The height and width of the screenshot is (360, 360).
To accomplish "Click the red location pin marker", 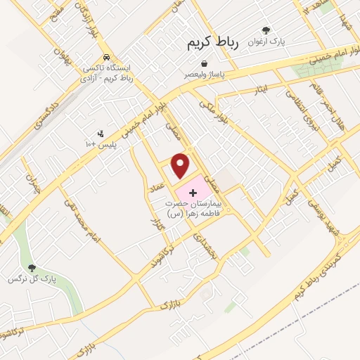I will [x=181, y=165].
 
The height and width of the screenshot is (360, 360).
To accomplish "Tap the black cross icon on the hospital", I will [x=193, y=192].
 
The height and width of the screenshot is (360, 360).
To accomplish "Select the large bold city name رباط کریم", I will [x=213, y=44].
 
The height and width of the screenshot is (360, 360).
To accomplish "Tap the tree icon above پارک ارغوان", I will [x=266, y=30].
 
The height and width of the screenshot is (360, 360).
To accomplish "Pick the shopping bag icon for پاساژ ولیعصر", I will [x=204, y=63].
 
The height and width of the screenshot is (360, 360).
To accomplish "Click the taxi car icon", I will [x=105, y=57].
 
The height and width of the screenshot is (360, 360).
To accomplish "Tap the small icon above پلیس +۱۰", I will [x=101, y=131].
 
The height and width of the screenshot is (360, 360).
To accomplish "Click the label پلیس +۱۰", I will [x=101, y=143].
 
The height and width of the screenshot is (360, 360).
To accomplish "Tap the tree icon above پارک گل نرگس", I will [x=31, y=267].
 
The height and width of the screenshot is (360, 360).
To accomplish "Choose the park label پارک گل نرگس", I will [x=31, y=279].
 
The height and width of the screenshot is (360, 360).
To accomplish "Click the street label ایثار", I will [x=262, y=90].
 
